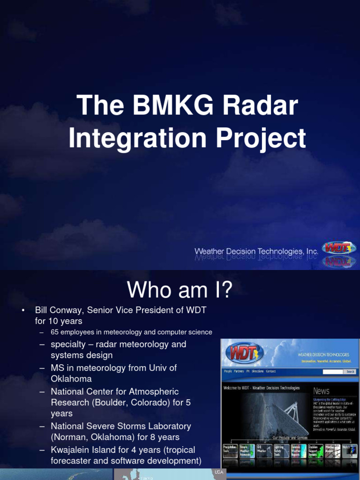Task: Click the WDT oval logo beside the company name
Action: (338, 248)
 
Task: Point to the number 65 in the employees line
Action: (55, 332)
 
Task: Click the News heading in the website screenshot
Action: (321, 391)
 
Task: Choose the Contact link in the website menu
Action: (271, 371)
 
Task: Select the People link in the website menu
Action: (228, 371)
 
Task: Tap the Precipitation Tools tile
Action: (229, 451)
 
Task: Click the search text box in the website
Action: (333, 371)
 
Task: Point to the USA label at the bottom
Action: (219, 472)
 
